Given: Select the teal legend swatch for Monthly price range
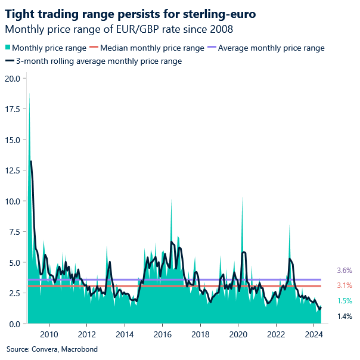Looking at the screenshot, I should [7, 48].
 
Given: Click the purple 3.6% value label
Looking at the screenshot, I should [345, 270].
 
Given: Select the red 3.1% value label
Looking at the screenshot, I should [345, 285].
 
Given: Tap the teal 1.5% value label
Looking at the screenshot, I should [345, 301].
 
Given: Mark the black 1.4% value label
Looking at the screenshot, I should [345, 316].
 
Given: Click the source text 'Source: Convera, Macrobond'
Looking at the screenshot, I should [52, 349].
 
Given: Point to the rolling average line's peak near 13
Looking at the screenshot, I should [31, 162].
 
